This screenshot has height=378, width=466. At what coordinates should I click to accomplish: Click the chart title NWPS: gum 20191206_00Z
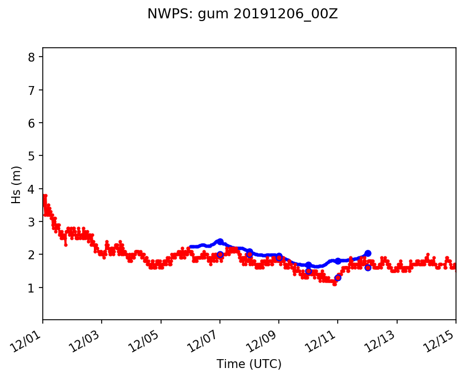tap(242, 14)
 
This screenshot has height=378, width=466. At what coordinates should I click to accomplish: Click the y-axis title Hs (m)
tap(17, 184)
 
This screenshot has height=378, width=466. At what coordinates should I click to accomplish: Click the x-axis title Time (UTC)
tap(249, 364)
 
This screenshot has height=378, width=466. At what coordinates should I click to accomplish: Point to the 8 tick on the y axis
tap(32, 57)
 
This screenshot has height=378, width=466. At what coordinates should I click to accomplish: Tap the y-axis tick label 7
tap(32, 90)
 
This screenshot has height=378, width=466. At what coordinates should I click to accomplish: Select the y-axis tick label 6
tap(32, 123)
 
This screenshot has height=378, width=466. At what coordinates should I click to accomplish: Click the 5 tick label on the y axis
tap(32, 156)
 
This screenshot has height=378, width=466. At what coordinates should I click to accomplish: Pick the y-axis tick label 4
tap(32, 189)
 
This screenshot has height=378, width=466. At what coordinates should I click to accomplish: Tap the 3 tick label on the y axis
tap(32, 221)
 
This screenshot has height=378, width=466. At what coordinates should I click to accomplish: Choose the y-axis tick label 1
tap(32, 288)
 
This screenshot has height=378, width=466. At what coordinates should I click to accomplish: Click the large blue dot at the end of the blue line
tap(368, 253)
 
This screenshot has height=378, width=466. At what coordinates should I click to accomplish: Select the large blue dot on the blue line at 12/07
tap(220, 241)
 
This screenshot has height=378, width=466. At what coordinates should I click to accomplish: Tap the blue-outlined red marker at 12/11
tap(338, 278)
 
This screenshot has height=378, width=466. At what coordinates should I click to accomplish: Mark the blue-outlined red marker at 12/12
tap(368, 268)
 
